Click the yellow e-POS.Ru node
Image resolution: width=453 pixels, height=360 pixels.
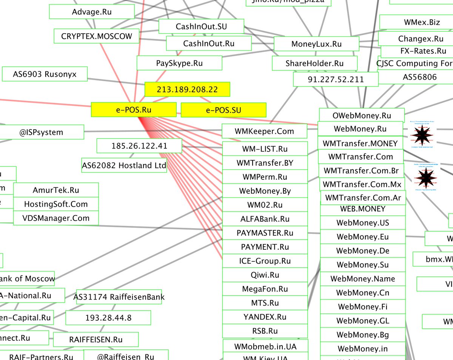[134, 110]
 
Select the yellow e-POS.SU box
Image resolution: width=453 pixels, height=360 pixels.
[223, 110]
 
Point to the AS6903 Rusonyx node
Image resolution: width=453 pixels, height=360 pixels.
[45, 74]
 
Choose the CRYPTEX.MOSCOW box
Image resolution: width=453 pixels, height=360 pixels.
[97, 37]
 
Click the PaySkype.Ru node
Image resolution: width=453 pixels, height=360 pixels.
[179, 63]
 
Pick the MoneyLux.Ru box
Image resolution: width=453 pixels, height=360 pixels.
[316, 44]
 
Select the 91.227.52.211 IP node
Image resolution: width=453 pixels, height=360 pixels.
[336, 79]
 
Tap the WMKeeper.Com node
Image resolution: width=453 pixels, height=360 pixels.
[264, 131]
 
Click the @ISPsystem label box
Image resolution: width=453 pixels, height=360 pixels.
[42, 132]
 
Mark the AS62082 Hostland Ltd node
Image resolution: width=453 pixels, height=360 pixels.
[124, 165]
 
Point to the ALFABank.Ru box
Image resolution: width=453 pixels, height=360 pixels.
[265, 219]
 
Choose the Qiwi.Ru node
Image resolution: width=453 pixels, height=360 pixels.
[265, 275]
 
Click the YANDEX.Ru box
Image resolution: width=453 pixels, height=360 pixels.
[265, 317]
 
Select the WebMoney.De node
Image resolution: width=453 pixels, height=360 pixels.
[363, 251]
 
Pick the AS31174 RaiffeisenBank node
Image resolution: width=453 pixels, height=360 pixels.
[119, 297]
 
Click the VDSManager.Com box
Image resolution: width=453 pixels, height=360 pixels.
[56, 218]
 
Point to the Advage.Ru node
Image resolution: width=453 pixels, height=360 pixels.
[92, 12]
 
